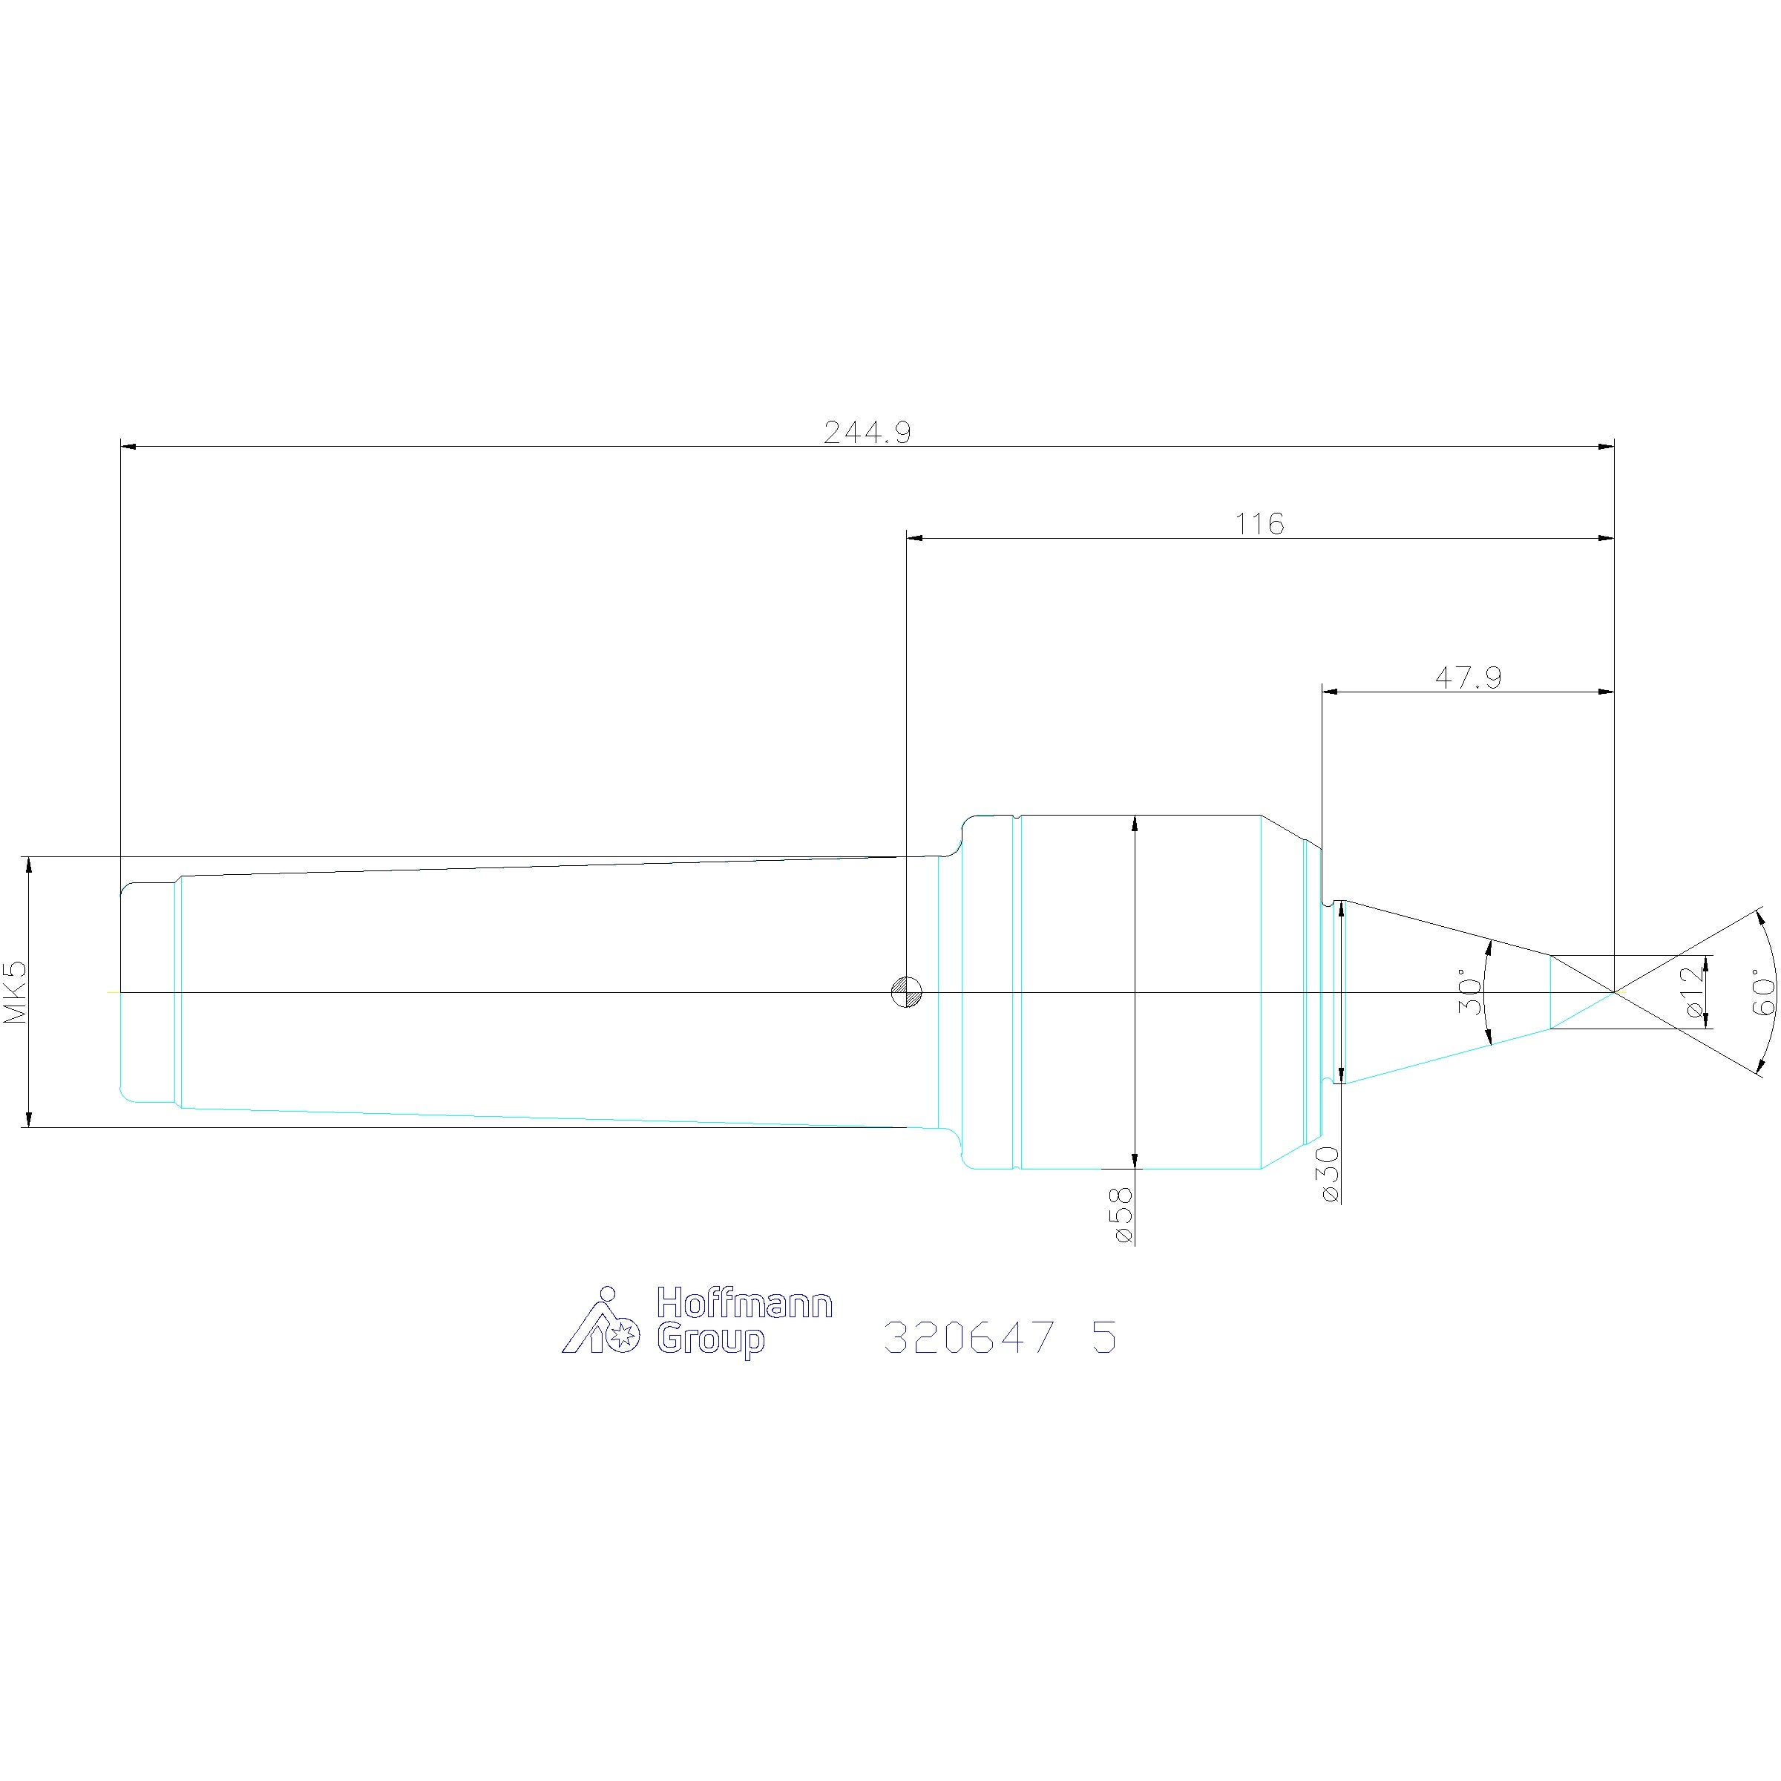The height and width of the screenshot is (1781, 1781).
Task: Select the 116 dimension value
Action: point(1259,524)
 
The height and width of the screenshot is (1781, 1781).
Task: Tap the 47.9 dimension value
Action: point(1468,678)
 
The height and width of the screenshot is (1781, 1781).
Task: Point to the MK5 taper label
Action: point(16,992)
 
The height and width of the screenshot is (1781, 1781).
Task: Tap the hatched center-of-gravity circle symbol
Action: point(907,992)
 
